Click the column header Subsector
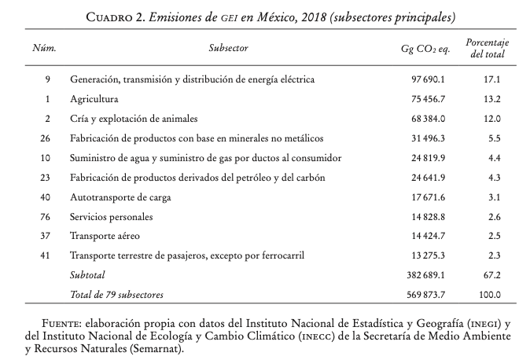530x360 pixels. pyautogui.click(x=228, y=49)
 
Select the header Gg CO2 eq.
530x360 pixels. pyautogui.click(x=425, y=49)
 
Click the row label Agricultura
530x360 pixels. pyautogui.click(x=94, y=100)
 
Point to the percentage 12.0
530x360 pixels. pyautogui.click(x=491, y=119)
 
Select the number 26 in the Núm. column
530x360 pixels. pyautogui.click(x=45, y=139)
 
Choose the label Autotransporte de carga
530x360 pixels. pyautogui.click(x=120, y=197)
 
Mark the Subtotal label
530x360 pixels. pyautogui.click(x=88, y=275)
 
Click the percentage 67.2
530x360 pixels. pyautogui.click(x=491, y=275)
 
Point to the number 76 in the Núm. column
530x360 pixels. pyautogui.click(x=45, y=217)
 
